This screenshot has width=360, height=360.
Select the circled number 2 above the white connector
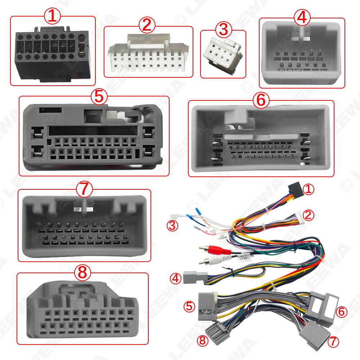(x=148, y=25)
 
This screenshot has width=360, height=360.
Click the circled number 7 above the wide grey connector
(x=85, y=188)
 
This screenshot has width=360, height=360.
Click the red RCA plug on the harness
(x=212, y=250)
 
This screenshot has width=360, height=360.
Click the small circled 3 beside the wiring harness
(x=174, y=226)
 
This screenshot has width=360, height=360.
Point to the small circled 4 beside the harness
(x=176, y=278)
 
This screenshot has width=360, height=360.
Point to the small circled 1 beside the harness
(x=308, y=189)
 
